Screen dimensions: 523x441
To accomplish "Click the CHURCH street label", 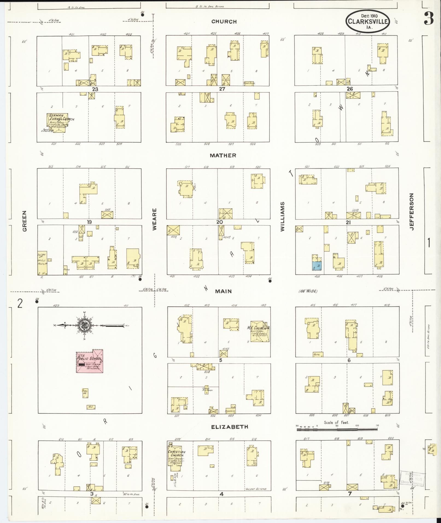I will click(224, 22).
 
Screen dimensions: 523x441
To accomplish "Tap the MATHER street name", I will click(223, 155).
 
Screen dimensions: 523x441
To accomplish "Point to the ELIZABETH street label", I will click(229, 427).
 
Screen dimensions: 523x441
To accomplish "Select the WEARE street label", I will click(154, 219).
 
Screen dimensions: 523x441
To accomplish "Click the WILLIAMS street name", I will click(282, 217).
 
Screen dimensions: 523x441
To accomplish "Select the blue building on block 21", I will click(317, 266).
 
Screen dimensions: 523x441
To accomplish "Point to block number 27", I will click(222, 89).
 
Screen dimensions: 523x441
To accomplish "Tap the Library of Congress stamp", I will click(413, 479).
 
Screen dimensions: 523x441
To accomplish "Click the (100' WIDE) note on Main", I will click(308, 291).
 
